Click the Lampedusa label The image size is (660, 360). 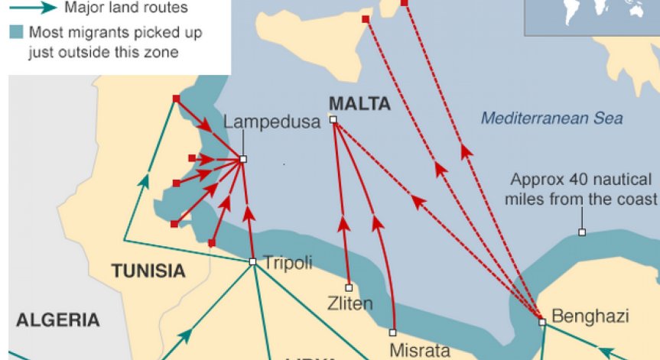271,122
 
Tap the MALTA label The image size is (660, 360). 359,104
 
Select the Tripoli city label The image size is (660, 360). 288,263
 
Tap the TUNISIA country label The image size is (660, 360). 148,271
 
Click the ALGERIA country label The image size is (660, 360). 58,319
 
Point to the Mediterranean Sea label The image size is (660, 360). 551,118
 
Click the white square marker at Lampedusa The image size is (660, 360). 243,159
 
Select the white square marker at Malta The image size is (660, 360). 333,119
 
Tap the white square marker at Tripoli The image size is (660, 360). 252,261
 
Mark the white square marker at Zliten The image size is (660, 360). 349,288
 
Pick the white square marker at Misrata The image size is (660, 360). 392,332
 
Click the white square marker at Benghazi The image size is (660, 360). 542,323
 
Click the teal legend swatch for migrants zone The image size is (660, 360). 16,33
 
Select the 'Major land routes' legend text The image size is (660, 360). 125,9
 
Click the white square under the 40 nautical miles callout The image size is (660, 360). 582,232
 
